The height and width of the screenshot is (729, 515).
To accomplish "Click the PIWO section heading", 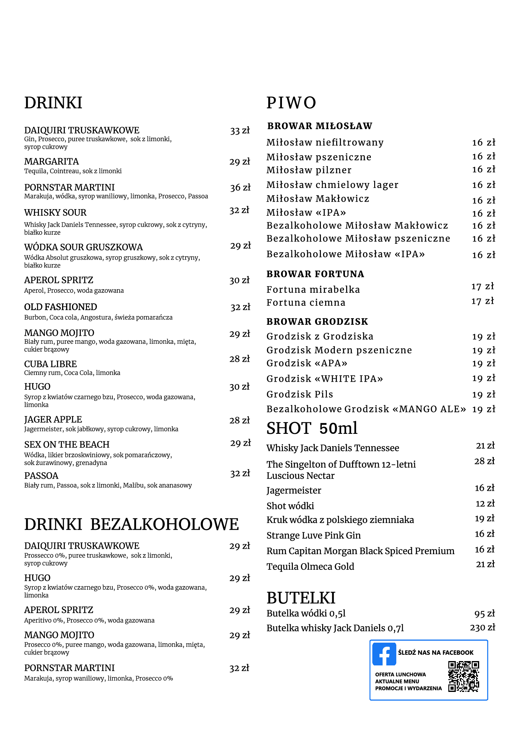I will pyautogui.click(x=291, y=103).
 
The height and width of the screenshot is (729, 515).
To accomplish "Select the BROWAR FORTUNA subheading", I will pyautogui.click(x=315, y=274).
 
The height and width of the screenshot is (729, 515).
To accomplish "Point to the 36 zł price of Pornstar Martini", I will pyautogui.click(x=240, y=188).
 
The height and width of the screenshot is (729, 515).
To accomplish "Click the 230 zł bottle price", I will pyautogui.click(x=482, y=627).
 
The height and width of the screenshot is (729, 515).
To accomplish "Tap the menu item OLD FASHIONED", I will pyautogui.click(x=61, y=307).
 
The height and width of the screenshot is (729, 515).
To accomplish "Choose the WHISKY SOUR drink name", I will pyautogui.click(x=55, y=213).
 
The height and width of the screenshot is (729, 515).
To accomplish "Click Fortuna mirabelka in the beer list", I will pyautogui.click(x=313, y=290).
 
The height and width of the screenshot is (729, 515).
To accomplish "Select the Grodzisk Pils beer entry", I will pyautogui.click(x=300, y=394).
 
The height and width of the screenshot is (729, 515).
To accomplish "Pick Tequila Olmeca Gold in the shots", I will pyautogui.click(x=310, y=566).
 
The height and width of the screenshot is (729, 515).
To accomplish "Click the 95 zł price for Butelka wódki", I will pyautogui.click(x=484, y=613).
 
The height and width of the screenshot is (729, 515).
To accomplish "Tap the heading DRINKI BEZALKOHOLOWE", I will pyautogui.click(x=131, y=524).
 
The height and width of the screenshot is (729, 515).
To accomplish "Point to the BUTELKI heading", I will pyautogui.click(x=301, y=598).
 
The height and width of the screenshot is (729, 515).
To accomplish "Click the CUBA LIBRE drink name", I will pyautogui.click(x=50, y=364).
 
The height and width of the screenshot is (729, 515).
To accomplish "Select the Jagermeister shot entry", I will pyautogui.click(x=293, y=491).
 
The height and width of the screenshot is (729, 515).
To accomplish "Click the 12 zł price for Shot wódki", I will pyautogui.click(x=485, y=504).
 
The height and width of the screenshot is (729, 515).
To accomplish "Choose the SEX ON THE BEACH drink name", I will pyautogui.click(x=67, y=444).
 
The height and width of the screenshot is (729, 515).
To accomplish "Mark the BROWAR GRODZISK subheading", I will pyautogui.click(x=317, y=322).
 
